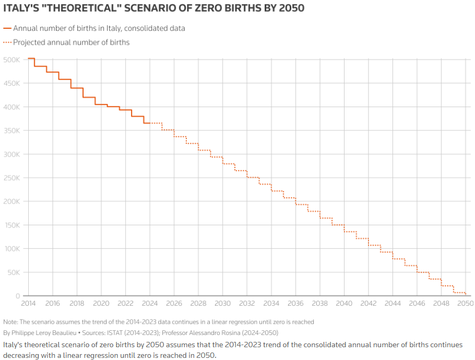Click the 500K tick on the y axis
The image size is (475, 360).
pos(11,60)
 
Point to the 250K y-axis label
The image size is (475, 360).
pos(11,178)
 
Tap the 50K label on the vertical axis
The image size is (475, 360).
pos(13,272)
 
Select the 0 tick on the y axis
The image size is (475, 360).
pos(18,296)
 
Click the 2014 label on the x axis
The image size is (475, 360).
pos(28,304)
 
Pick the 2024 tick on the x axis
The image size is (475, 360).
pos(150,304)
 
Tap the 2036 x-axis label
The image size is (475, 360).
pos(296,304)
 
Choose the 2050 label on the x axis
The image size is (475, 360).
pos(465,304)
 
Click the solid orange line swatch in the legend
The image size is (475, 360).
pos(7,28)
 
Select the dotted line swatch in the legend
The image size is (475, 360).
pos(7,42)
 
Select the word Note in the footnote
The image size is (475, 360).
pos(10,322)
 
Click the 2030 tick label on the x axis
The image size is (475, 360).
pos(223,304)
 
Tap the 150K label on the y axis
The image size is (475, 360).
pos(11,225)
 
